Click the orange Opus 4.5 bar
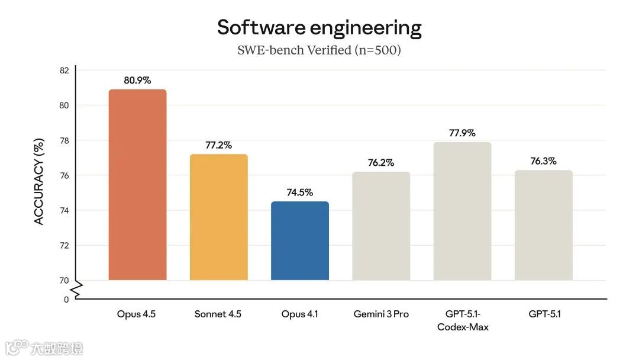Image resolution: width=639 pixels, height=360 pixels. tap(137, 185)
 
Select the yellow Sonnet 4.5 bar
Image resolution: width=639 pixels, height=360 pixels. tap(218, 217)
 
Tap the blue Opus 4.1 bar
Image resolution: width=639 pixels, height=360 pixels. tap(299, 241)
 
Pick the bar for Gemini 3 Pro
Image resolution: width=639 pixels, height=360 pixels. tap(381, 226)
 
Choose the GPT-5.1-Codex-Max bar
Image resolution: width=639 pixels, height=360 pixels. tap(462, 211)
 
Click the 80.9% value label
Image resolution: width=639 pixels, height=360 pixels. tap(137, 80)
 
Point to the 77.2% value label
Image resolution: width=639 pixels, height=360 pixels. tap(218, 145)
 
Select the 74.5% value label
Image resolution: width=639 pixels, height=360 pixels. tap(299, 192)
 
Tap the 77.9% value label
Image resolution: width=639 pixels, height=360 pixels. tap(462, 133)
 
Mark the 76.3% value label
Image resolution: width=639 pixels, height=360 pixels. tap(543, 161)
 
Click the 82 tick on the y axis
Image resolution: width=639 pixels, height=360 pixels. tap(64, 70)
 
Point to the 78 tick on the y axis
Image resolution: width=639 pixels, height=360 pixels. tap(64, 140)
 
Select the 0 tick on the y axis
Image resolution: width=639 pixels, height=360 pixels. tap(66, 300)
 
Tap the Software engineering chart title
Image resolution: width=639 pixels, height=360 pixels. tap(319, 27)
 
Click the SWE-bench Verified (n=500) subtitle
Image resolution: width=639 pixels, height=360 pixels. tap(319, 50)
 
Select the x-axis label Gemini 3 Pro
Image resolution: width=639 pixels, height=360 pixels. tap(381, 314)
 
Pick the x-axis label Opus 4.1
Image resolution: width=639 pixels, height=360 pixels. tap(299, 314)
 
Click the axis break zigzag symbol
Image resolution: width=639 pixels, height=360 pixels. tap(76, 290)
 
